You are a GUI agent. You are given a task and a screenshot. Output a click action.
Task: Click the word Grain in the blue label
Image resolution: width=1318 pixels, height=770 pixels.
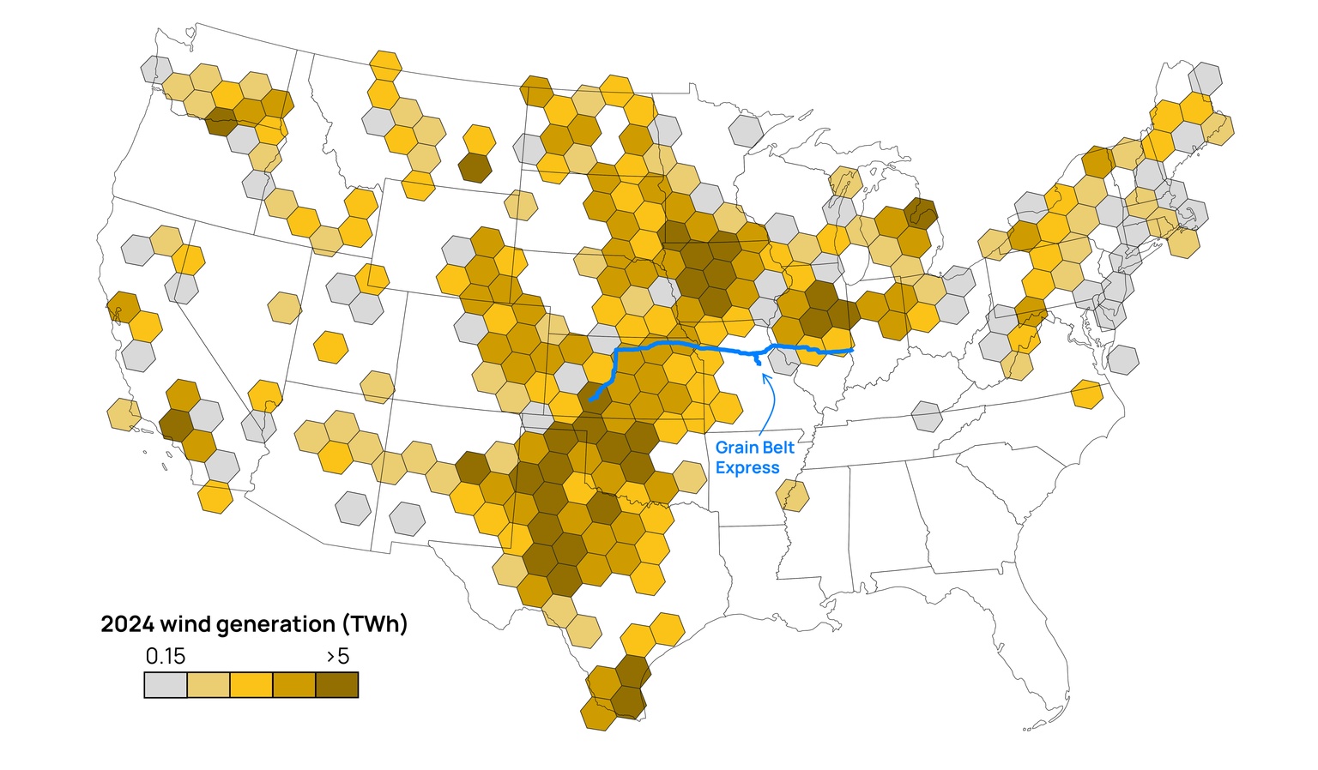[x=735, y=448]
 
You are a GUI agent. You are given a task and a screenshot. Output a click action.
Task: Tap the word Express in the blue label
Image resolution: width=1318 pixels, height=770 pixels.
[x=747, y=468]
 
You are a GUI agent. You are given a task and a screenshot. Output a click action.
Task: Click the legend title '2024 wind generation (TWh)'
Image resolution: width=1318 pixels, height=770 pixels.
[x=254, y=624]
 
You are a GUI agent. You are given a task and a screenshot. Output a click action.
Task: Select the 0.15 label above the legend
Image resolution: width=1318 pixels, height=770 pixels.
[x=165, y=657]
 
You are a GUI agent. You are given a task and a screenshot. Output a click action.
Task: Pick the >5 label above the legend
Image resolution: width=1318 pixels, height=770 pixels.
[x=338, y=657]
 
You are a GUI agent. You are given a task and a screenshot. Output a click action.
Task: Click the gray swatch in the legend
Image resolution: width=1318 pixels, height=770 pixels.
[x=166, y=685]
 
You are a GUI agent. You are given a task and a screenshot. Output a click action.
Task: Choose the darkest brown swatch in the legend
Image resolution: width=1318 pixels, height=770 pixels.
[x=337, y=685]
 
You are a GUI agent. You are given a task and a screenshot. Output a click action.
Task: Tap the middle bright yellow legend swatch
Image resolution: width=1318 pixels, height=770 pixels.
[x=251, y=685]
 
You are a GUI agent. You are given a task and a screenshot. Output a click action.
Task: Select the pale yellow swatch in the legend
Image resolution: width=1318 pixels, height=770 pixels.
[x=209, y=685]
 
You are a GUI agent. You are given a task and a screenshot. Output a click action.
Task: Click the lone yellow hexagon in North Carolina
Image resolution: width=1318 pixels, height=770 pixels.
[x=1087, y=394]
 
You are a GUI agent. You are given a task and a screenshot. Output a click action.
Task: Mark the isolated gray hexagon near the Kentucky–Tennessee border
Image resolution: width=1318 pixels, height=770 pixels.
[x=927, y=417]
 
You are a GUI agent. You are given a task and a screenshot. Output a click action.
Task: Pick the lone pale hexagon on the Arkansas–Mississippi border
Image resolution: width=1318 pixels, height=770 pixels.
[x=792, y=496]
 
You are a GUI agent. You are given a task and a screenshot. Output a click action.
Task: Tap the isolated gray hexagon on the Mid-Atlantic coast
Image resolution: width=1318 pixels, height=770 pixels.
[x=1122, y=359]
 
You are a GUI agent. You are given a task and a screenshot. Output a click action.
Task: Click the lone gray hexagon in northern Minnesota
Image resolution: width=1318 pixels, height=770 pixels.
[x=747, y=131]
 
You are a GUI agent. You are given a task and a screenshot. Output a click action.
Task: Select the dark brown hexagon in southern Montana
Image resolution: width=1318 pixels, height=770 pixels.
[x=475, y=167]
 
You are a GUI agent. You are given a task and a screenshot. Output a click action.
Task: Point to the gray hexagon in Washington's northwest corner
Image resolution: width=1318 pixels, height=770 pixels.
[x=156, y=69]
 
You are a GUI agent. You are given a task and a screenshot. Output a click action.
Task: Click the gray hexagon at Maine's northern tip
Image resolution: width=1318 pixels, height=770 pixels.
[x=1206, y=79]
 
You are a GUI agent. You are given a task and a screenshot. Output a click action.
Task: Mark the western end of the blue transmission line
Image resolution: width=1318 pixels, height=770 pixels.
[x=591, y=400]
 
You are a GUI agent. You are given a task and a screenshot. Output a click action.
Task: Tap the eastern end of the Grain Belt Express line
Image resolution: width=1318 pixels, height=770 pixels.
[x=851, y=350]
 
